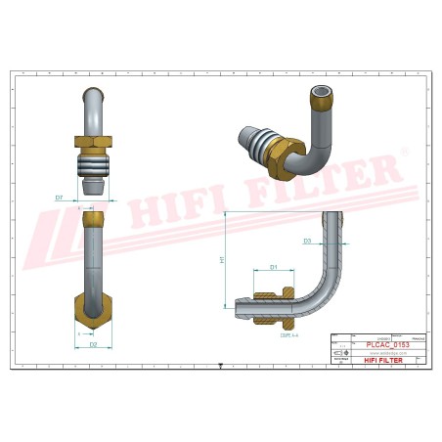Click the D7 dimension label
pos(60,198)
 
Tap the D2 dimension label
pos(93,344)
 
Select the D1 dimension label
pos(274,266)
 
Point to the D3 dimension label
pos(307,240)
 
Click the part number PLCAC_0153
pos(387,345)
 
